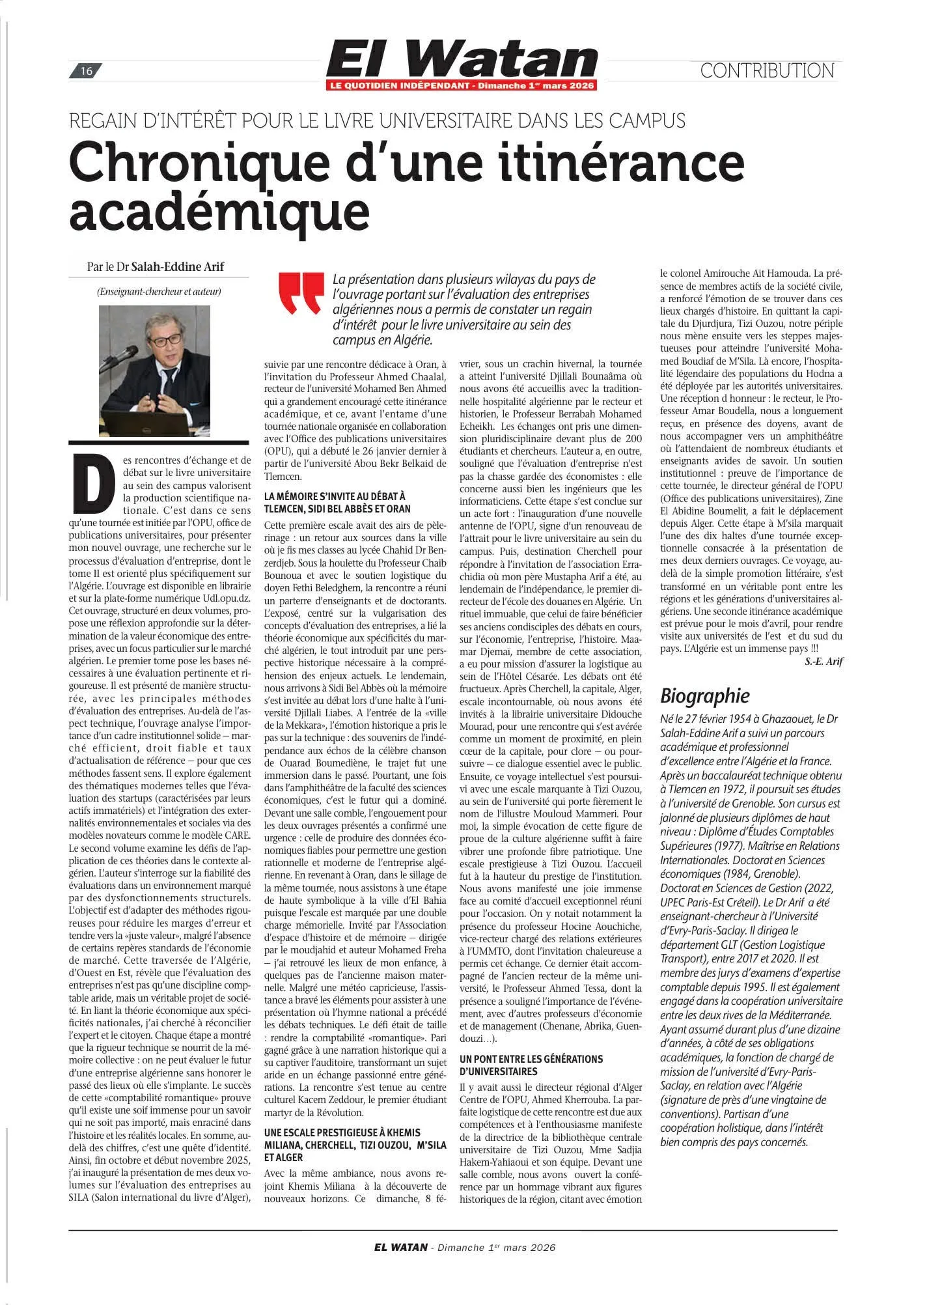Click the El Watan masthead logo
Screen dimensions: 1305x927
462,58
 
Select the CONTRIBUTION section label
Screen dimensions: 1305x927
766,70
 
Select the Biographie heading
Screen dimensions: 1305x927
705,696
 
